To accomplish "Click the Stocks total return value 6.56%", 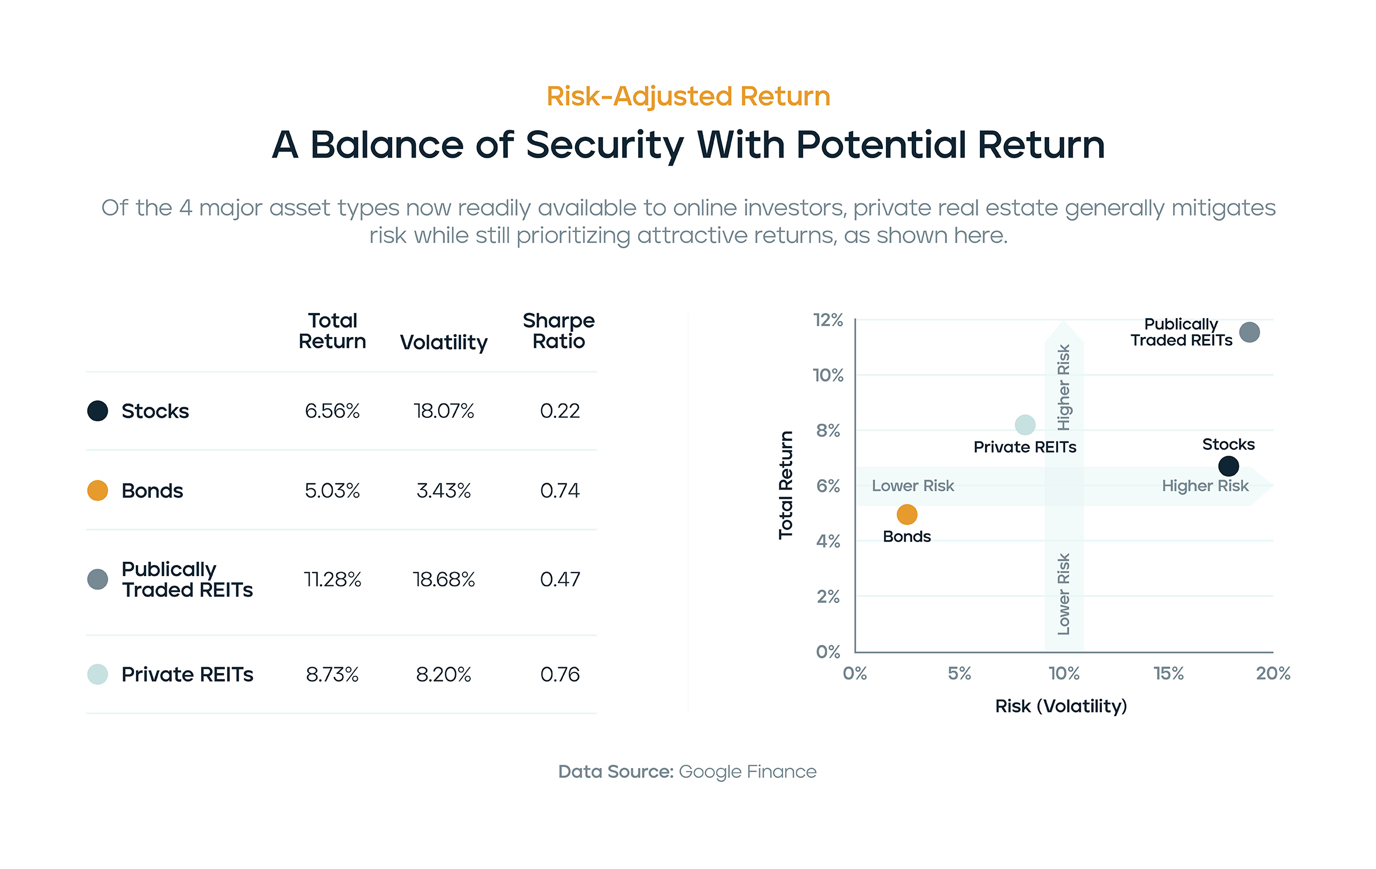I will coord(332,411).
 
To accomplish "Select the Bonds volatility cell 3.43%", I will coord(443,491).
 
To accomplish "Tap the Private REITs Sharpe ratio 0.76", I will coord(560,675).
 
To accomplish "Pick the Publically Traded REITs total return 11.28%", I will coord(332,580).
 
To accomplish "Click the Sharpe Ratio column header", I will coord(558,331).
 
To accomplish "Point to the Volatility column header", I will coord(443,342).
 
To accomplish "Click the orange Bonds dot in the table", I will coord(97,491).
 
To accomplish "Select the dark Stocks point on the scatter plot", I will coord(1228,466).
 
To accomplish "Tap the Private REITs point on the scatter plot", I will coord(1025,425).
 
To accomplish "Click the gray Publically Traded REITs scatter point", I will coord(1249,332).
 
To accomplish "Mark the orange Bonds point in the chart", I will coord(906,514).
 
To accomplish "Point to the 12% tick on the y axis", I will coord(828,320).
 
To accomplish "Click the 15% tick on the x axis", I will coord(1168,674).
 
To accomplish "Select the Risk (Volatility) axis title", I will coord(1061,706).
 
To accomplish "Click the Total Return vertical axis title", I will coord(785,485).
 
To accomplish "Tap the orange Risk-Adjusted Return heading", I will coord(688,96).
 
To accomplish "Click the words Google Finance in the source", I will coord(747,772).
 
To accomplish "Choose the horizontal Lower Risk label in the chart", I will coord(913,486).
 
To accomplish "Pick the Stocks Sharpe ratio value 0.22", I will coord(560,411).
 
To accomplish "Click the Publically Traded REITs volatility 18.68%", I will coord(443,580).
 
